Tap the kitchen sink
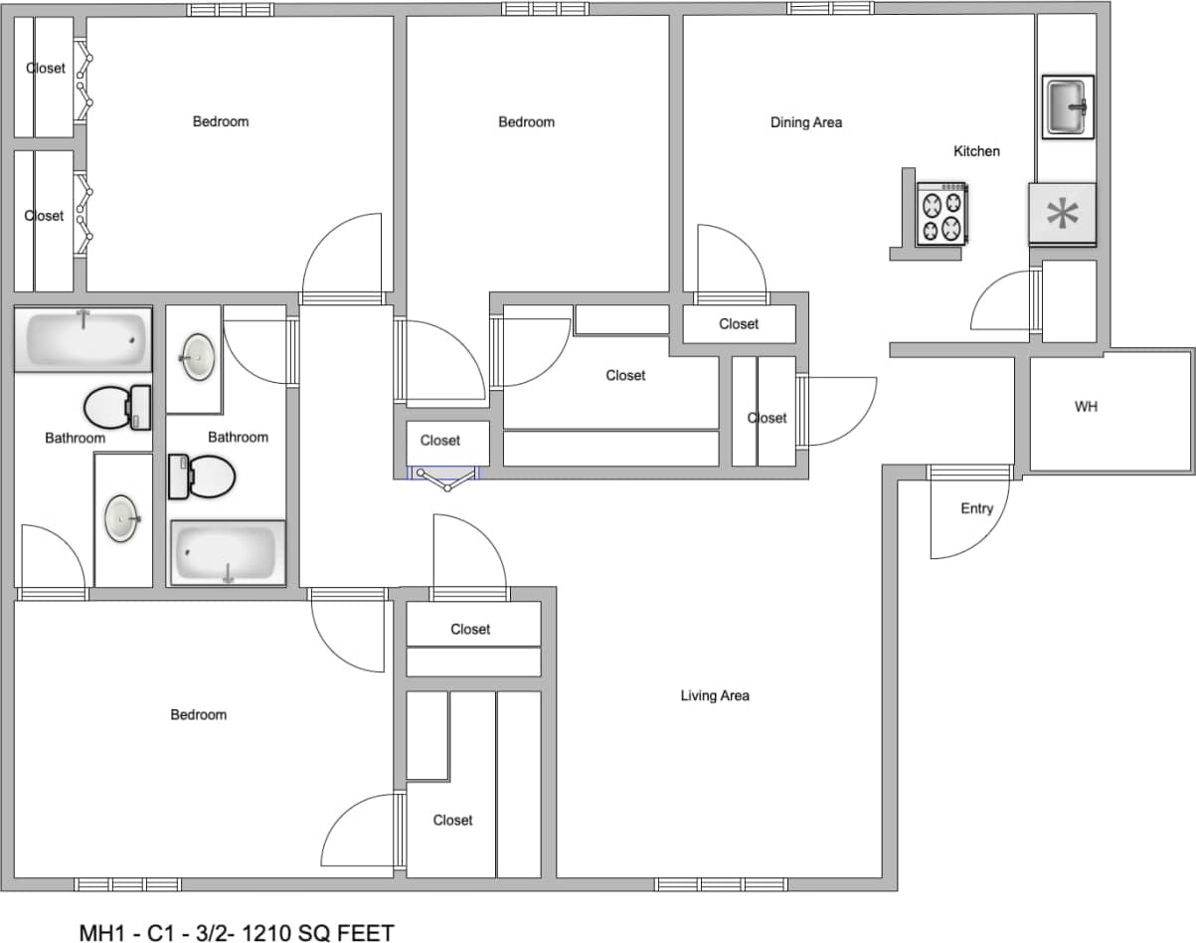click(1068, 105)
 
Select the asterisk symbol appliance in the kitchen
click(1063, 214)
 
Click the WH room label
click(1086, 407)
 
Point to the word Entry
click(976, 508)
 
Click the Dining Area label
click(806, 122)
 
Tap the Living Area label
click(715, 695)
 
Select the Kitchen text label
click(976, 151)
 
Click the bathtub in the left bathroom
click(83, 339)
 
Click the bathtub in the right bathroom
click(228, 552)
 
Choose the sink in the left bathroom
click(122, 518)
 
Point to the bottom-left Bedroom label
click(198, 714)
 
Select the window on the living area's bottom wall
click(721, 884)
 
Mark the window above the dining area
click(830, 8)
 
